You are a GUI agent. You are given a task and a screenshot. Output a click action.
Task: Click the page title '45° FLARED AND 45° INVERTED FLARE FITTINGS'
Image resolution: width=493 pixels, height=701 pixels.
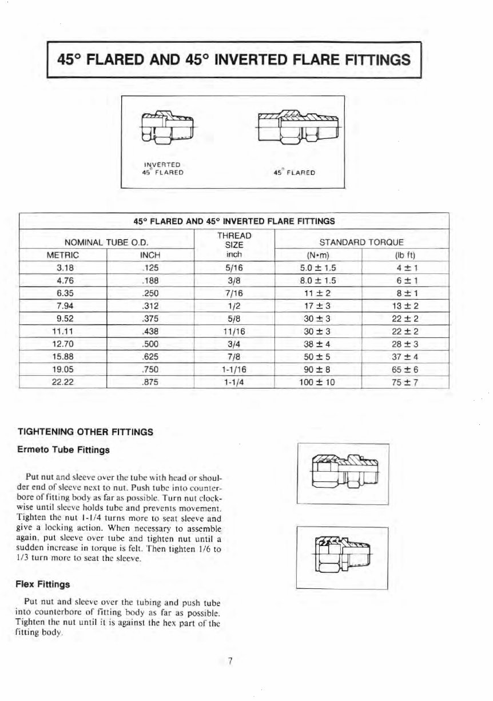tap(234, 59)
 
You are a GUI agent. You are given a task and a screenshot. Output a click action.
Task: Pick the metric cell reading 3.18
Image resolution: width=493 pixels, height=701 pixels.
tap(63, 266)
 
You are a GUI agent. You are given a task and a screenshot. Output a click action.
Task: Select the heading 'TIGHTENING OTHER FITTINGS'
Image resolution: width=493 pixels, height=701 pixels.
tap(86, 432)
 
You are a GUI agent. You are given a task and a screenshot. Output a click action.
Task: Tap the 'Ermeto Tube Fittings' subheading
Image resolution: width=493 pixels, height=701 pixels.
tap(63, 450)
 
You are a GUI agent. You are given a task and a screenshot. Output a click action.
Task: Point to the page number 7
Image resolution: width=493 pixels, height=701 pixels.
tap(229, 662)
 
